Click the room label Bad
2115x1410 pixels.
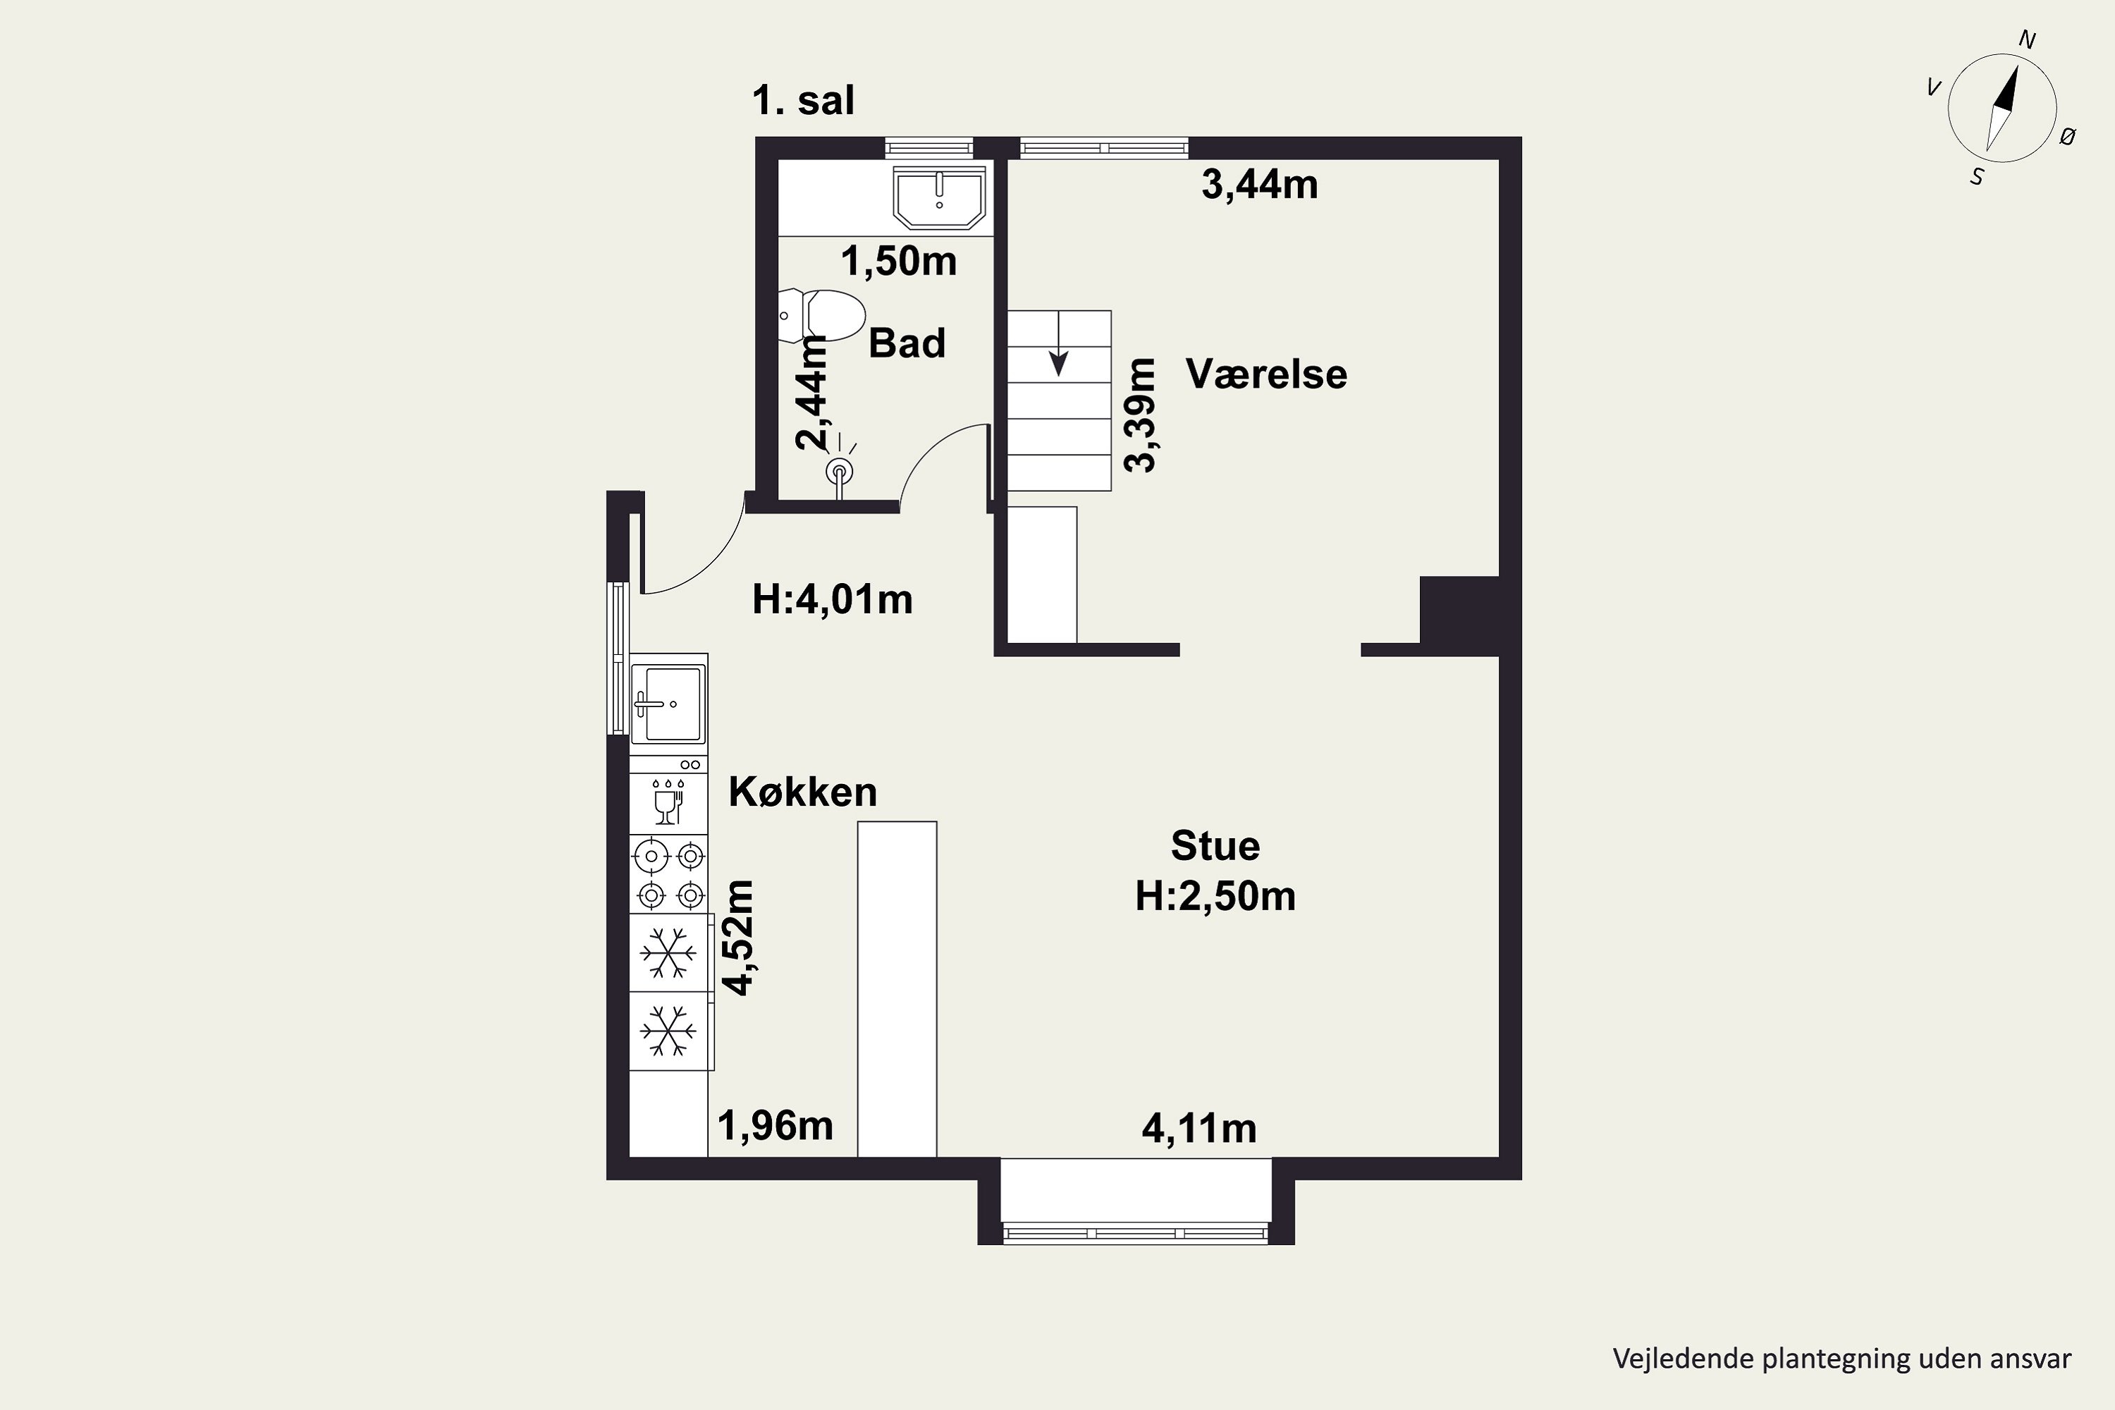tap(907, 343)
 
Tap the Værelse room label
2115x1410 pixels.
tap(1266, 374)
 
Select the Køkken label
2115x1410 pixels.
tap(802, 791)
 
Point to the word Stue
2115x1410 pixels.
tap(1215, 845)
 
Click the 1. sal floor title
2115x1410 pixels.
tap(803, 101)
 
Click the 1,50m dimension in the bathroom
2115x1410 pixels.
tap(898, 262)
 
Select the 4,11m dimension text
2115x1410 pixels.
tap(1198, 1129)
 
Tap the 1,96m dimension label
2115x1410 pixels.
tap(775, 1126)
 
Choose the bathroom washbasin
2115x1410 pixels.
tap(939, 198)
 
